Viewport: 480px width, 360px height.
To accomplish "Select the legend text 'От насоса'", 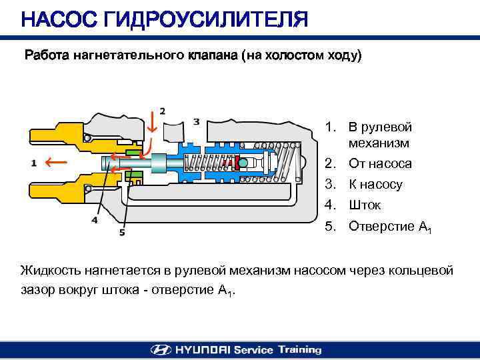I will [380, 163].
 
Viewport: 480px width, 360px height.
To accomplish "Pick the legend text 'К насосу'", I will [376, 185].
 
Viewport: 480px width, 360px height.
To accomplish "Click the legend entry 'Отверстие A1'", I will [390, 227].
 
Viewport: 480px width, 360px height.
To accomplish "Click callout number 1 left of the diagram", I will [33, 163].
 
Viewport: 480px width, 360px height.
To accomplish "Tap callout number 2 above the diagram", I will [163, 111].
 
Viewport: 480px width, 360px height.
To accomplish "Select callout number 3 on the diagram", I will [196, 121].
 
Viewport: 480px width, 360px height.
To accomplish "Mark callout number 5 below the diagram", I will [122, 233].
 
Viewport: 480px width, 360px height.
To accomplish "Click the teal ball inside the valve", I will [242, 163].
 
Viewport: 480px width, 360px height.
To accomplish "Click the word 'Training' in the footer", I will [299, 349].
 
